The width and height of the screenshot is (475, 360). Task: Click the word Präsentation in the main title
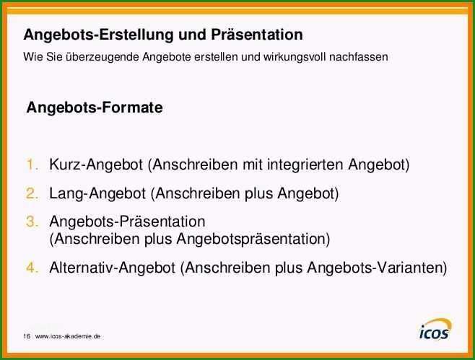257,35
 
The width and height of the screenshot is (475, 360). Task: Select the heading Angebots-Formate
95,107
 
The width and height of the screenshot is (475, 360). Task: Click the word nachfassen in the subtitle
359,57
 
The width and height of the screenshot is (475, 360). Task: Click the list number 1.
32,164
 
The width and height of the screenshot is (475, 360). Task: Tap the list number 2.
32,193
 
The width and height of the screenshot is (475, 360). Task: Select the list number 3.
32,221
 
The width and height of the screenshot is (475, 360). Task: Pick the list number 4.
32,268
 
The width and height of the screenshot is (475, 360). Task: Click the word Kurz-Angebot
96,165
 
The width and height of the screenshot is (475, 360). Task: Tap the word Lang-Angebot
97,194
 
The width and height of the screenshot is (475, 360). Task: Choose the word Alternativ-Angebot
113,268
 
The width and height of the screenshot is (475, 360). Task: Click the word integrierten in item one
305,165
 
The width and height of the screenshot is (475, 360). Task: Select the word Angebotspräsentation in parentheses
253,240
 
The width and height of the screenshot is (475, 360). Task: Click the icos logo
435,329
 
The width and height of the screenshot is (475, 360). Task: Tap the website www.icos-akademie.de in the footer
68,336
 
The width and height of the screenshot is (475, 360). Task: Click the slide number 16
27,336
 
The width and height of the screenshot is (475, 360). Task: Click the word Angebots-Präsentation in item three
127,221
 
